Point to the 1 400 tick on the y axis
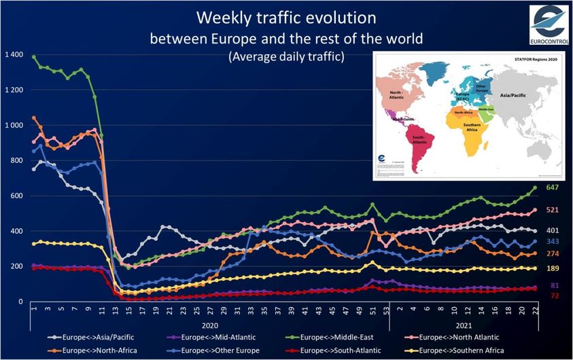click(x=14, y=54)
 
